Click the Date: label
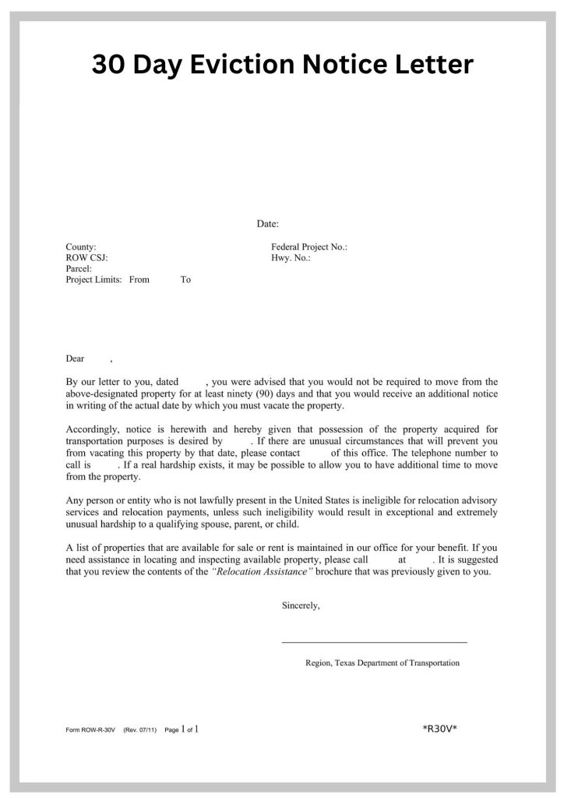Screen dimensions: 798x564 (x=268, y=224)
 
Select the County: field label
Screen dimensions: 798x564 (x=81, y=247)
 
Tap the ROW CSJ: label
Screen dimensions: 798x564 (x=86, y=258)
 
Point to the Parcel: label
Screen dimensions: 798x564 (x=79, y=269)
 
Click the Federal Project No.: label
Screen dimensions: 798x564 (x=308, y=247)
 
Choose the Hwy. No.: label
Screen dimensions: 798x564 (x=291, y=258)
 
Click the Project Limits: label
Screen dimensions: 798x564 (x=93, y=280)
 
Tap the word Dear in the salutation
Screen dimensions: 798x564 (x=75, y=359)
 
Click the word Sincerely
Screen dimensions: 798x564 (x=301, y=606)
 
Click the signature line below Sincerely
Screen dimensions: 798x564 (x=374, y=642)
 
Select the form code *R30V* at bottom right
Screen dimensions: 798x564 (x=439, y=729)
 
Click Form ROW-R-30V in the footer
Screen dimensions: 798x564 (x=91, y=730)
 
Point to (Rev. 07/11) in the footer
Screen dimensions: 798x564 (x=140, y=730)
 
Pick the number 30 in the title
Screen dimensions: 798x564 (x=109, y=65)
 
